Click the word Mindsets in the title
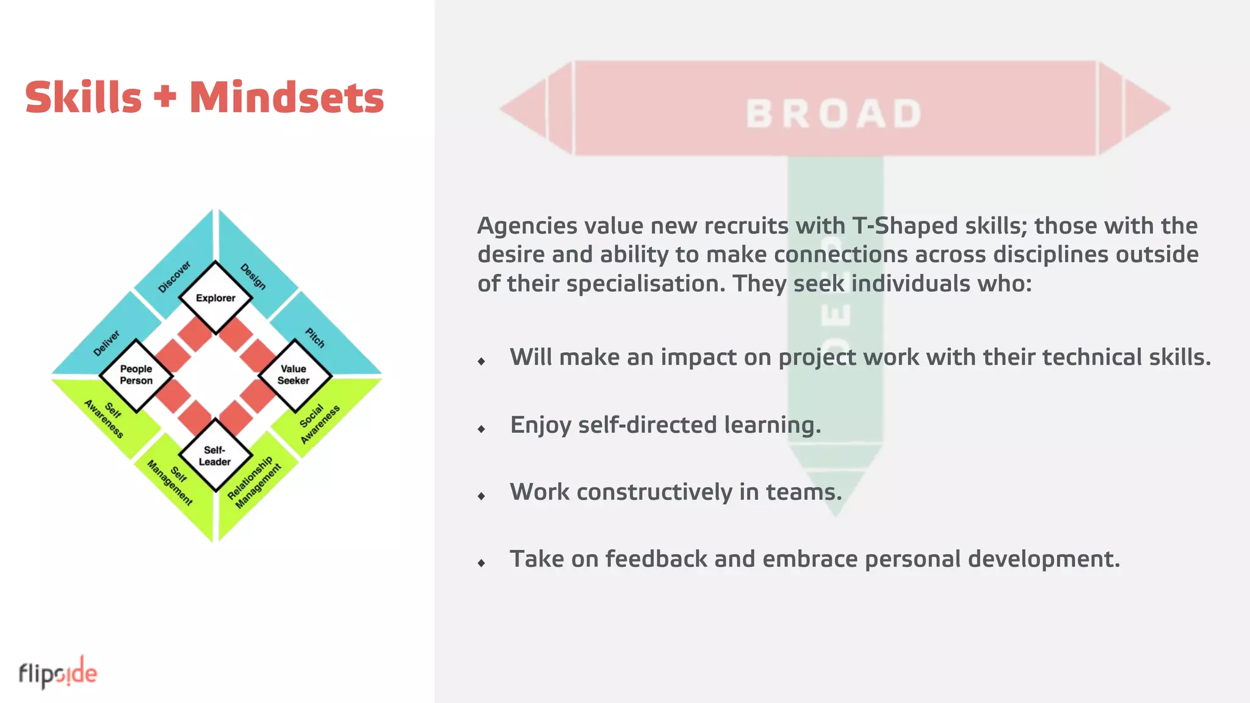[286, 98]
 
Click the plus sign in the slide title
[165, 97]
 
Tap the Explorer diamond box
[215, 298]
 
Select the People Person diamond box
[136, 375]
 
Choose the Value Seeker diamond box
[294, 375]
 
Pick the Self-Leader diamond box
[215, 456]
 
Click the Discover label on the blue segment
[175, 276]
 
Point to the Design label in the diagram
[253, 276]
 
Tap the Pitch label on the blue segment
[315, 337]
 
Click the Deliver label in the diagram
[107, 344]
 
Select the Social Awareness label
[319, 422]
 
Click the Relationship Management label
[255, 482]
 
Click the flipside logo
[58, 673]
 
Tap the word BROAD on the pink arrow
[834, 114]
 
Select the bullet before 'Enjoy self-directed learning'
[482, 429]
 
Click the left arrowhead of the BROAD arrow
[525, 109]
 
